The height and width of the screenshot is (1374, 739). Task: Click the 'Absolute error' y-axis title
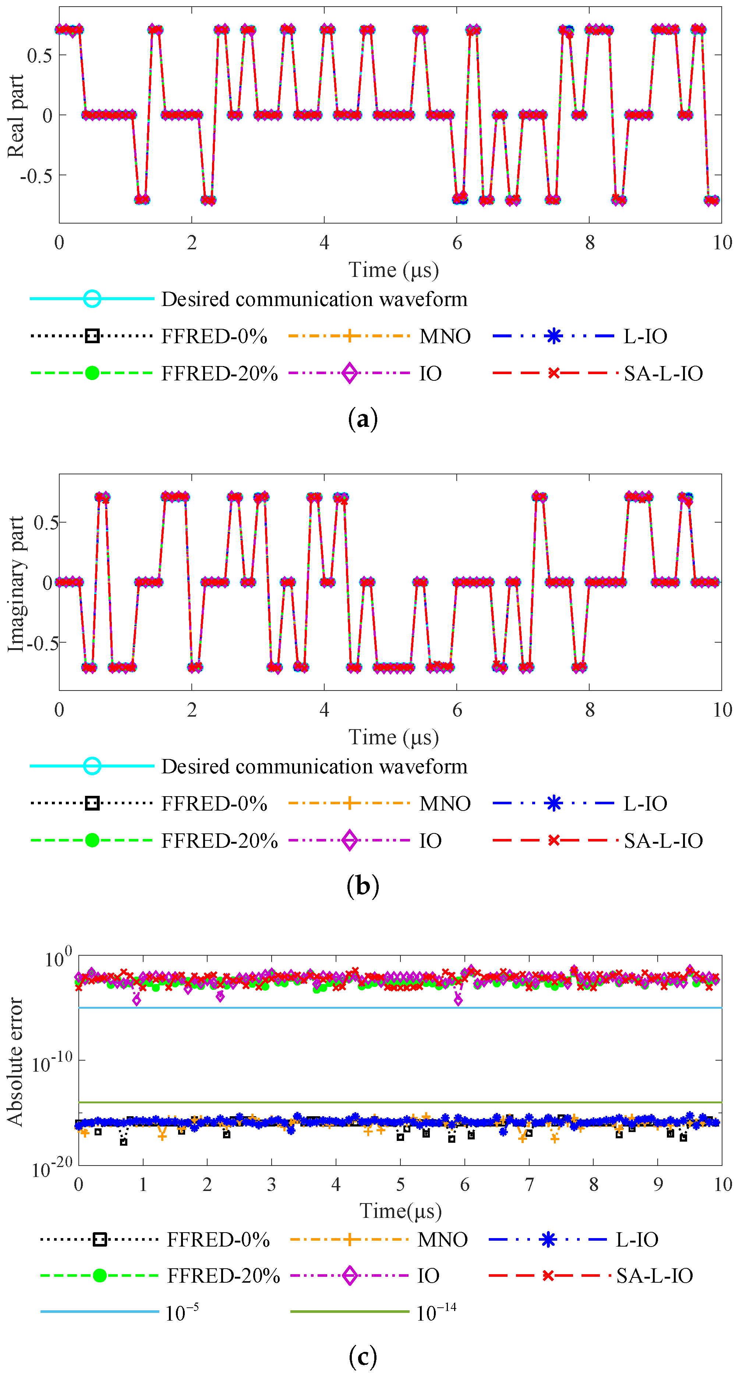[15, 1061]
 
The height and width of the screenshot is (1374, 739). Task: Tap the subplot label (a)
[363, 419]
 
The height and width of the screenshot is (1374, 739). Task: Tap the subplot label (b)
[363, 886]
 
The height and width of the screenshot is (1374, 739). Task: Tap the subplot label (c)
[363, 1355]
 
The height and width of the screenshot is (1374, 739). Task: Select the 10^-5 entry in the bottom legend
[182, 1312]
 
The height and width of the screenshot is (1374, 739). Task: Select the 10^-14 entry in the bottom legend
[436, 1312]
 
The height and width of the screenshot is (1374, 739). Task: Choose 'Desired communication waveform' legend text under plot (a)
[314, 299]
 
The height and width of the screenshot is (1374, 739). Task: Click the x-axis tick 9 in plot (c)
[658, 1185]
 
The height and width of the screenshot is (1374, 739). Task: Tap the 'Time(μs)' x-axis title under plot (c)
[400, 1211]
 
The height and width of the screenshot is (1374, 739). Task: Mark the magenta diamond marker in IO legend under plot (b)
[350, 841]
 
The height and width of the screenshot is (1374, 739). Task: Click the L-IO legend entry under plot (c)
[637, 1240]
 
